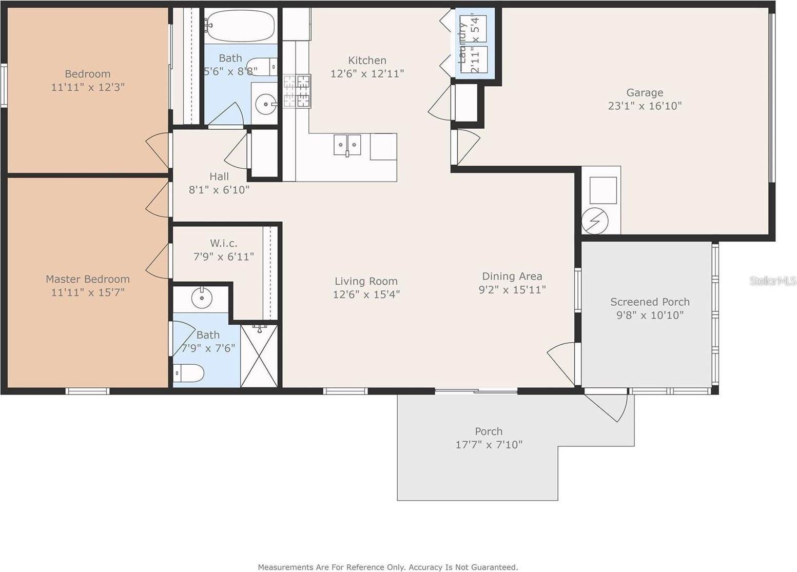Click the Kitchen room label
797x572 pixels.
point(367,61)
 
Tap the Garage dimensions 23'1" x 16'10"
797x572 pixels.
point(645,106)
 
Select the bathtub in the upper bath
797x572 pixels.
point(240,26)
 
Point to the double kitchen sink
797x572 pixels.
point(347,145)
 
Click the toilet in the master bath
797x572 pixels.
point(188,372)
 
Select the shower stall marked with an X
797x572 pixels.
point(259,356)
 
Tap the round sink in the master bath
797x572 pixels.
point(201,297)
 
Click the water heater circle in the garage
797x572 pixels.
point(595,221)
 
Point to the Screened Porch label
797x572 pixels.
point(650,302)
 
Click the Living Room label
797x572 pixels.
point(366,281)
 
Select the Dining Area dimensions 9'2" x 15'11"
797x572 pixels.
point(512,290)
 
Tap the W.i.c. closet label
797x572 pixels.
point(223,243)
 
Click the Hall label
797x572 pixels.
point(219,176)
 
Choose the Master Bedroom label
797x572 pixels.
point(88,279)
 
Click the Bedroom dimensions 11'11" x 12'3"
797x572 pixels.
point(88,87)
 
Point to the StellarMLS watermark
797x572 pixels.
point(772,281)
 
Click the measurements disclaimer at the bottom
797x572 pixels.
point(387,567)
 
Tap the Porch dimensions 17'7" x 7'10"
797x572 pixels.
point(489,445)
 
